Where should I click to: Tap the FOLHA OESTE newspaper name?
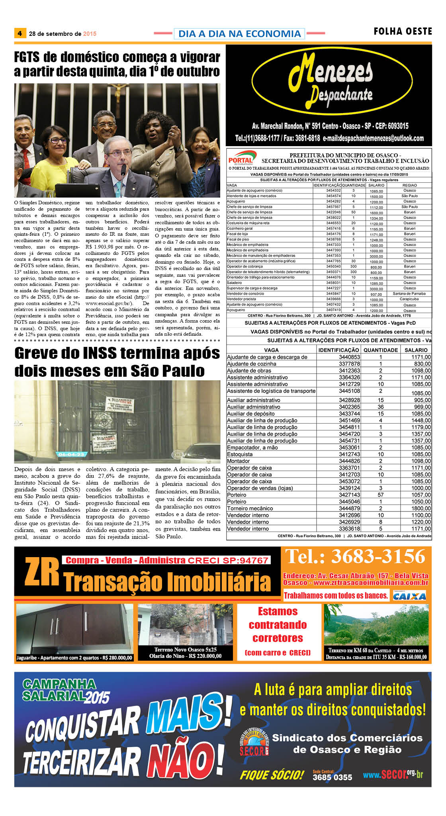403,31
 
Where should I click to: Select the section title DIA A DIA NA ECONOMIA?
239,34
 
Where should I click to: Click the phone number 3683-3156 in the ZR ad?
356,556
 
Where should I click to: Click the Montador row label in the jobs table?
239,461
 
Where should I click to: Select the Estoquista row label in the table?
240,454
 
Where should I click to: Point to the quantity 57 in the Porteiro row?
380,495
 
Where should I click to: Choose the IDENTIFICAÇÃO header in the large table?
338,350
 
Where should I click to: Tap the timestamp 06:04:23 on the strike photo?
71,454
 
